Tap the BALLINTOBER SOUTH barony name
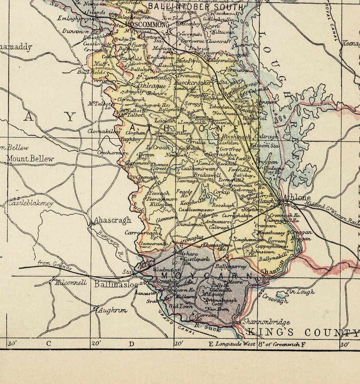pos(195,7)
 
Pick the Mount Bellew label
pos(30,159)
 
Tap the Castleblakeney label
pos(28,204)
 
